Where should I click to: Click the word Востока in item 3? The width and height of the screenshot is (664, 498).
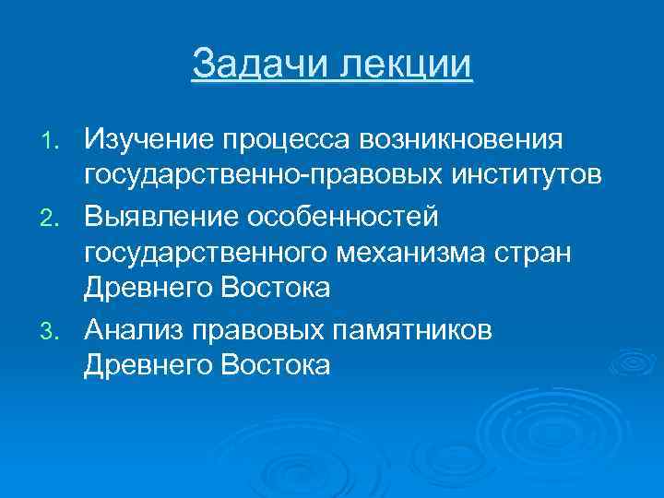pyautogui.click(x=275, y=364)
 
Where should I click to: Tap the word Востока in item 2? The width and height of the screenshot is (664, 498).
pyautogui.click(x=275, y=289)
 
